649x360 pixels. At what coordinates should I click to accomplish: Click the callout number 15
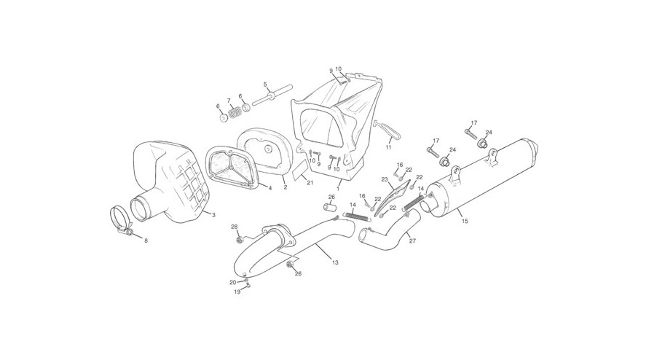[465, 222]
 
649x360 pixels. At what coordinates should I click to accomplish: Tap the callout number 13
[335, 262]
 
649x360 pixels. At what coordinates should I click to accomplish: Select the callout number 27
[412, 240]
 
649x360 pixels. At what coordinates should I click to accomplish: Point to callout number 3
[213, 215]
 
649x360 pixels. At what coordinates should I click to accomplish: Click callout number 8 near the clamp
[146, 240]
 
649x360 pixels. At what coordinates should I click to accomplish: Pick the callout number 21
[311, 183]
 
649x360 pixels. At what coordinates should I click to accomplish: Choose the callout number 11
[389, 146]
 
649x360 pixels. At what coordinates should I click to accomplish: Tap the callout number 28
[235, 227]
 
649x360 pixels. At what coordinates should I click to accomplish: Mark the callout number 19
[237, 291]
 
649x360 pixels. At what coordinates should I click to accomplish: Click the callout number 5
[265, 85]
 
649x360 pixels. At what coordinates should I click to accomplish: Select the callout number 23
[384, 180]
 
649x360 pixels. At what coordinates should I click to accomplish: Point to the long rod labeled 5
[272, 95]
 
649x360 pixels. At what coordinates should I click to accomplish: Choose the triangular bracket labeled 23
[393, 195]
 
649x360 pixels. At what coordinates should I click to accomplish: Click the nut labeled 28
[239, 240]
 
